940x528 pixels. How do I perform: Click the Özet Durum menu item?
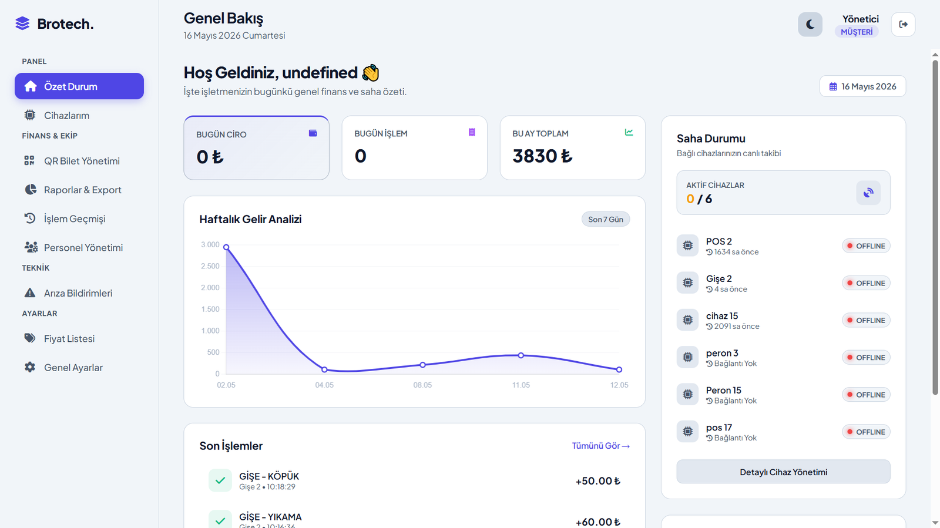(79, 86)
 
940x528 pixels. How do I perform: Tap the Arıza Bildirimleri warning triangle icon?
(30, 292)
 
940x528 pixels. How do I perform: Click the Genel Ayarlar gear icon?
(30, 368)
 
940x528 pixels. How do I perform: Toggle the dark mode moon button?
(810, 24)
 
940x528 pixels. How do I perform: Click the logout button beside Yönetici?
(903, 24)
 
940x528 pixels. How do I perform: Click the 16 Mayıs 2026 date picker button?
(862, 86)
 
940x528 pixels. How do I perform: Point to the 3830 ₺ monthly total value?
(542, 156)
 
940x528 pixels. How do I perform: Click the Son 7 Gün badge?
(606, 219)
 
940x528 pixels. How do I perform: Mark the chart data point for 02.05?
(226, 247)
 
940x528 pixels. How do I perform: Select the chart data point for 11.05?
(521, 355)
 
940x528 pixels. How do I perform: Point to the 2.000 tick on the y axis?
(210, 288)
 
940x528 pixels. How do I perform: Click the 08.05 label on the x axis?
(422, 385)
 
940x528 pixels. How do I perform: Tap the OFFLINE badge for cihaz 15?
(866, 321)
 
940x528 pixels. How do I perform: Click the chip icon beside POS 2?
(687, 245)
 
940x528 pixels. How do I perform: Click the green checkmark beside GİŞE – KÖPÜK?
(220, 480)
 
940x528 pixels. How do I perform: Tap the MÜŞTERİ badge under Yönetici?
(857, 32)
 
